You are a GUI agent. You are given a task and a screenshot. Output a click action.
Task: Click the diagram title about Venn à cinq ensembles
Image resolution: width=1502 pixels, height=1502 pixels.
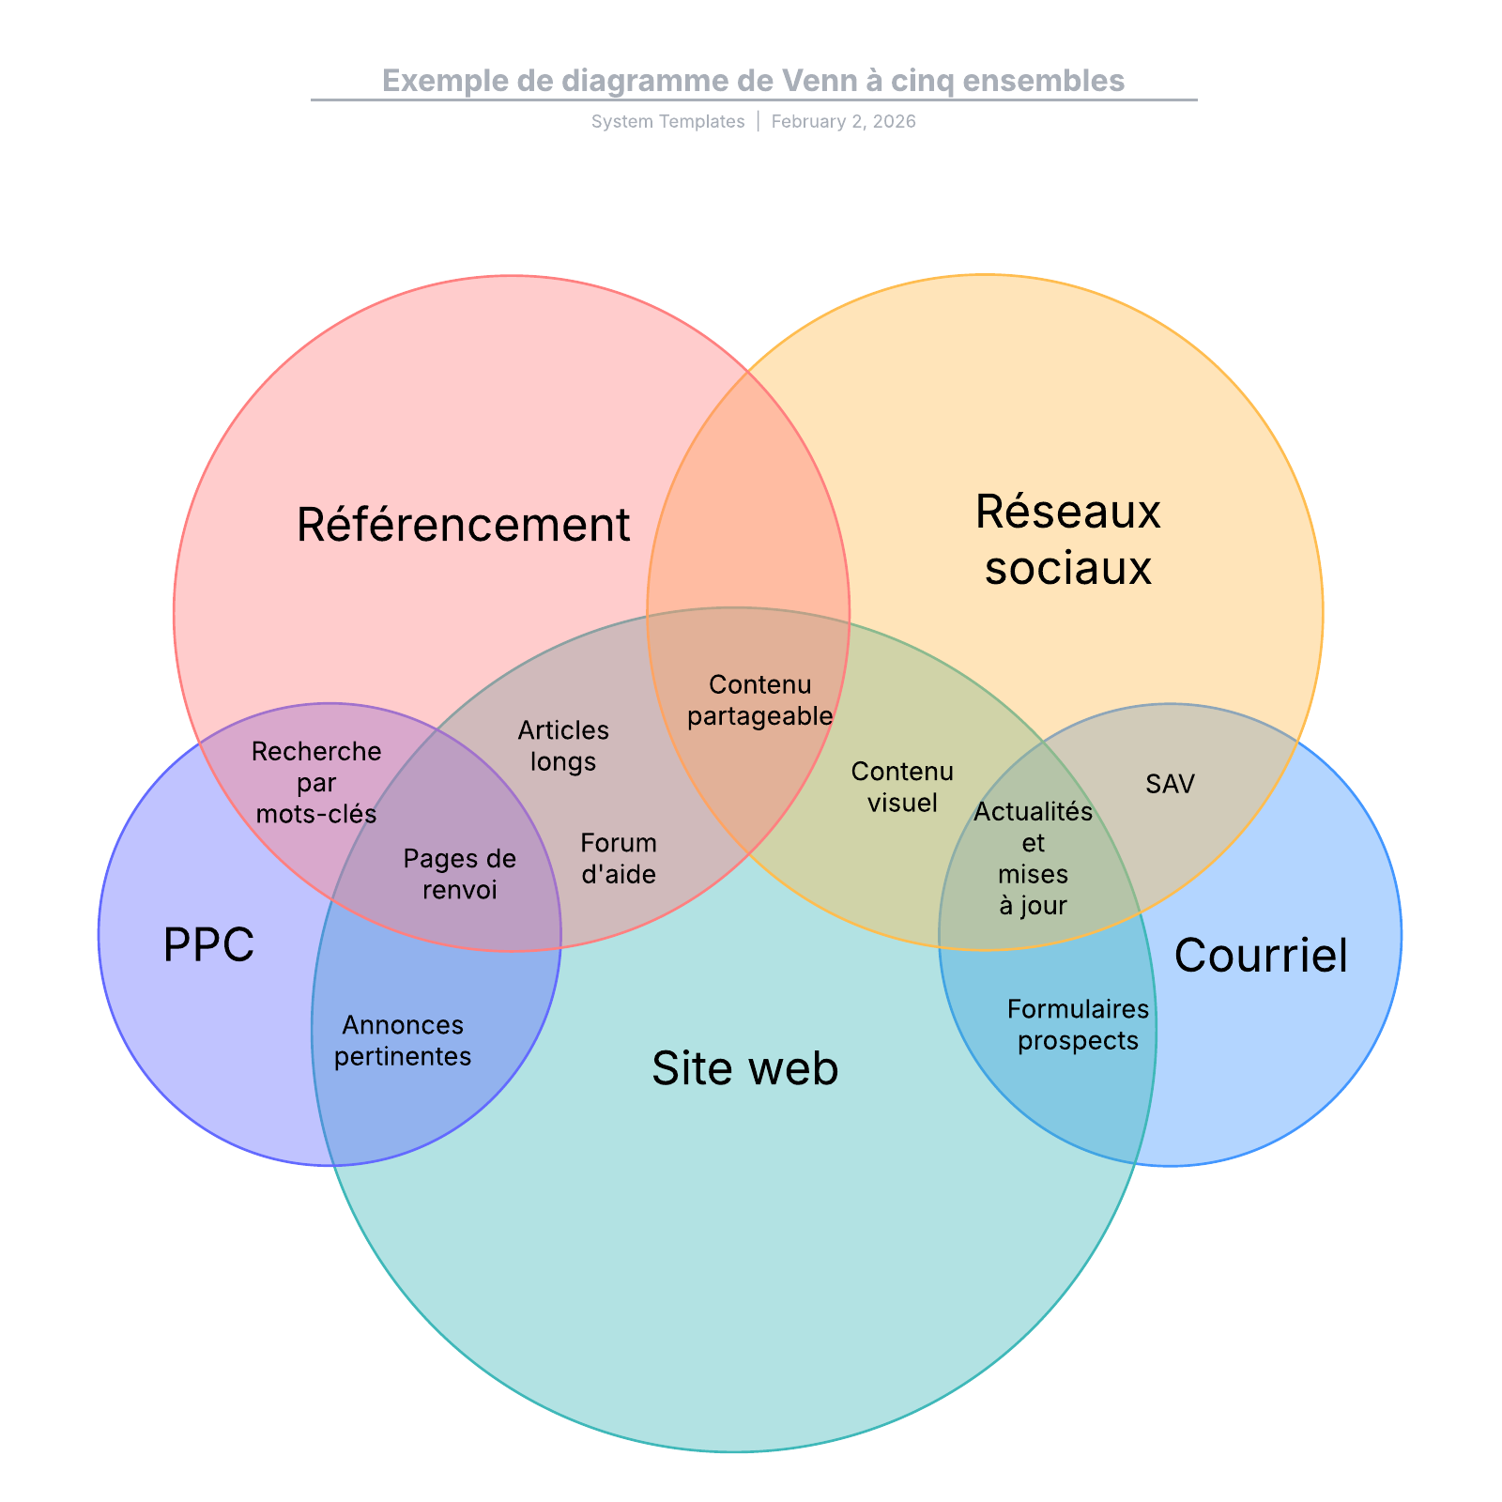pos(753,81)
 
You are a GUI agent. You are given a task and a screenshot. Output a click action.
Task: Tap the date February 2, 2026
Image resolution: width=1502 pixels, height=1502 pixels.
pos(843,121)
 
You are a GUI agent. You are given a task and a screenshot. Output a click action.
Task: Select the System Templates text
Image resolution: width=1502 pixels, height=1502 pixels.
pos(667,121)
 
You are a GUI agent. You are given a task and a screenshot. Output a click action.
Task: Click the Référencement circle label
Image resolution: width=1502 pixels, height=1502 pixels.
pos(463,525)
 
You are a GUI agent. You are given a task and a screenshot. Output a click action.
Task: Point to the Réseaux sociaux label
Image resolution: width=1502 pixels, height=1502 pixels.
pos(1067,540)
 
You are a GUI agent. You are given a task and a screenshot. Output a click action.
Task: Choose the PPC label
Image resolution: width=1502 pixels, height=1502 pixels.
pos(208,944)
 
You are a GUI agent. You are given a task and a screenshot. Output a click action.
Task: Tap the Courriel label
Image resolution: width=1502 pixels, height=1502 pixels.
pos(1260,956)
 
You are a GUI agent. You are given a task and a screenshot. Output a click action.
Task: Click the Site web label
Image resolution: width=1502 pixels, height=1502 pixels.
pos(744,1068)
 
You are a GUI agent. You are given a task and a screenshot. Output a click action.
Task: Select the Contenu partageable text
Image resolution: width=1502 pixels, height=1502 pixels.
pos(759,700)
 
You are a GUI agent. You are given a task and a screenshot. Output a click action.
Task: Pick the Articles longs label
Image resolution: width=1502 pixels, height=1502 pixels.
pos(563,745)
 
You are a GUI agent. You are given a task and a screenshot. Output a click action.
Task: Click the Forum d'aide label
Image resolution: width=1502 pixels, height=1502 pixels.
pos(619,858)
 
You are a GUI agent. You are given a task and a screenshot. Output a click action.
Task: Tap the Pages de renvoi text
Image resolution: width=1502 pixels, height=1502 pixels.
pos(459,874)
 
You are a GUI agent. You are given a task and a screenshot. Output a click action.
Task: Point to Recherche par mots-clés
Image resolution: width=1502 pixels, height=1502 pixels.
pos(316,782)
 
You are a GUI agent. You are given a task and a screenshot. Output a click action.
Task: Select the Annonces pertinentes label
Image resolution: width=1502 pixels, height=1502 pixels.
pos(403,1040)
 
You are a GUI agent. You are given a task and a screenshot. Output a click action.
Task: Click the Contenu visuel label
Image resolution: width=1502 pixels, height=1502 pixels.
pos(902,787)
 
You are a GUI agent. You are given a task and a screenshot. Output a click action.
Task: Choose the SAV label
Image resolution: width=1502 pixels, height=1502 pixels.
pos(1170,784)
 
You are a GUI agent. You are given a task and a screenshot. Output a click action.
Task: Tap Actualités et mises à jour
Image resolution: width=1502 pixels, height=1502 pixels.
pos(1033,858)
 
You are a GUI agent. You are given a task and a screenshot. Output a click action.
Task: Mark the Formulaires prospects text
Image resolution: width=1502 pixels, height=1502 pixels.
pos(1078,1024)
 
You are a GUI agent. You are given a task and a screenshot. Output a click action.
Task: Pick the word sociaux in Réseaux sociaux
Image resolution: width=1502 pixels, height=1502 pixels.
pos(1067,568)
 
